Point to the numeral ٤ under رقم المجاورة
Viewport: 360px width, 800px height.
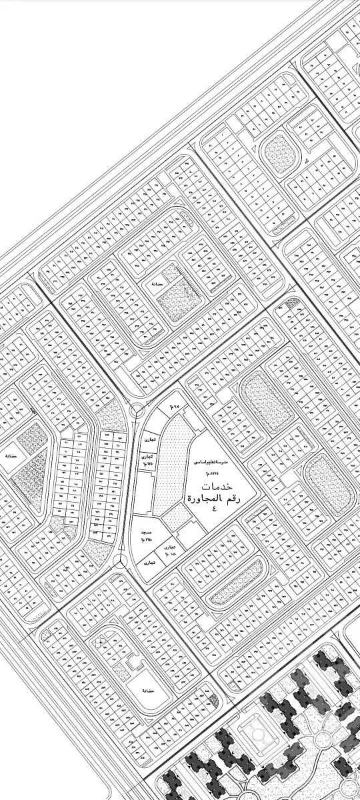coord(215,509)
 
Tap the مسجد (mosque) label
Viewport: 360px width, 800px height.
coord(145,534)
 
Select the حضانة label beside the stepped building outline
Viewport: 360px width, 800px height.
coord(149,691)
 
